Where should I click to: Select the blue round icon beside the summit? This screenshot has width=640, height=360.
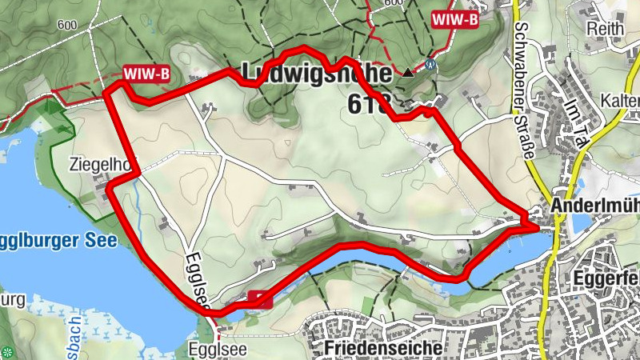pos(430,65)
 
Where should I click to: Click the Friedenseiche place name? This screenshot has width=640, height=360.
pos(384,349)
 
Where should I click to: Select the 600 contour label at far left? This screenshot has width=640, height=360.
pos(67,25)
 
